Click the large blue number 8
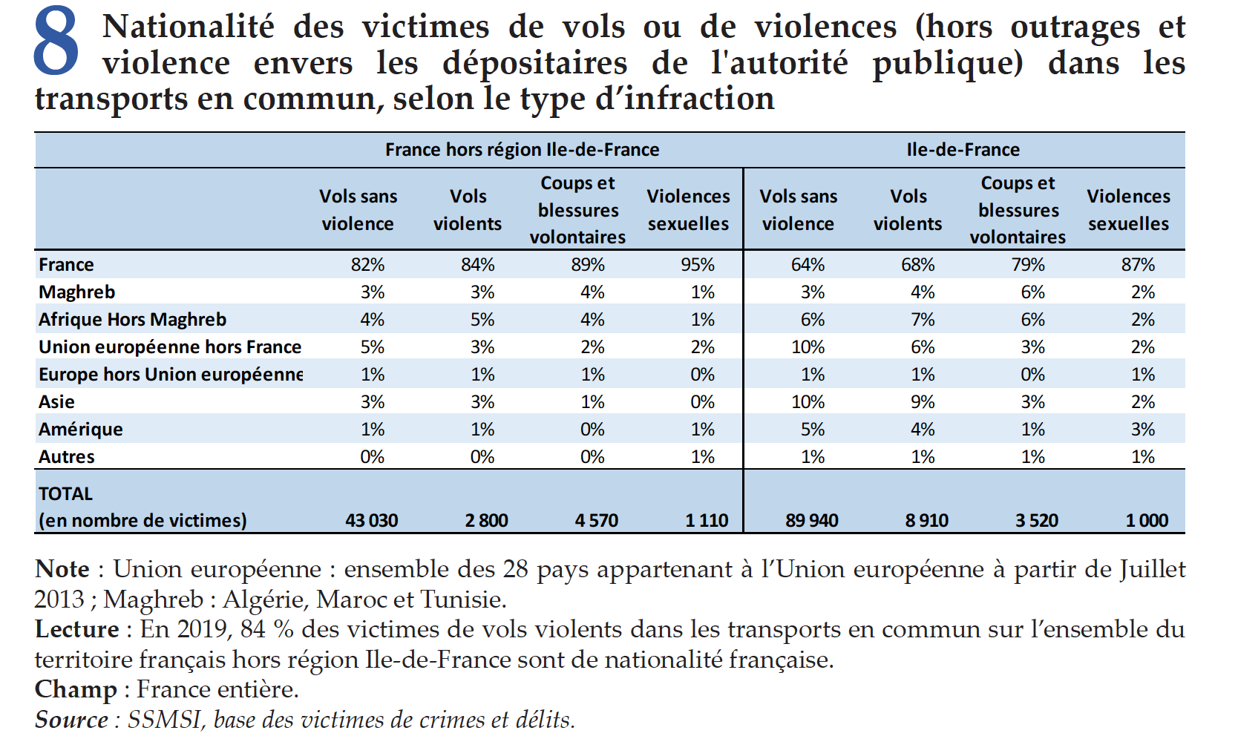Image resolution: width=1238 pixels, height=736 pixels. [x=56, y=42]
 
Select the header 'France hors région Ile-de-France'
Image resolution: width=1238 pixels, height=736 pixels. [x=522, y=150]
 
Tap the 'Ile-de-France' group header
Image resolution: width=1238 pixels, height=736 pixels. [x=963, y=150]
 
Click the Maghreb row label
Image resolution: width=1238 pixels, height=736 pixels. [x=76, y=292]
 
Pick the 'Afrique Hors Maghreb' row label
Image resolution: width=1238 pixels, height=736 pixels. [x=132, y=320]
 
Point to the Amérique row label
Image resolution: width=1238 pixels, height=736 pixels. [x=80, y=430]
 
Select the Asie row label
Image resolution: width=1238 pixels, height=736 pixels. [x=56, y=402]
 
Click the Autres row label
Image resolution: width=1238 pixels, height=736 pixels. [x=66, y=457]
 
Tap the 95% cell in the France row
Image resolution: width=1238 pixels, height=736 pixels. [x=698, y=265]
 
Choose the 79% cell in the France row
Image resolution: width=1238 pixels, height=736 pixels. [x=1028, y=265]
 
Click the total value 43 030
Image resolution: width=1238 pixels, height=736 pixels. [x=371, y=521]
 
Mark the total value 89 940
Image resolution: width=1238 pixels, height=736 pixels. [x=811, y=521]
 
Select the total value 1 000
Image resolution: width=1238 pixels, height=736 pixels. [x=1147, y=521]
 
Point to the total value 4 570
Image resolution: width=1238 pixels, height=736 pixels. [x=596, y=521]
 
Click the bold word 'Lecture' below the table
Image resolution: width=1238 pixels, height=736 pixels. [x=76, y=630]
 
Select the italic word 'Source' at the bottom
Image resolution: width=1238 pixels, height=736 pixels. [x=71, y=720]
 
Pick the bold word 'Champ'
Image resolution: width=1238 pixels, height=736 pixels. [x=76, y=690]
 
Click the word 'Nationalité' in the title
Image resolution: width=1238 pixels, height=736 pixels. [x=189, y=27]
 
